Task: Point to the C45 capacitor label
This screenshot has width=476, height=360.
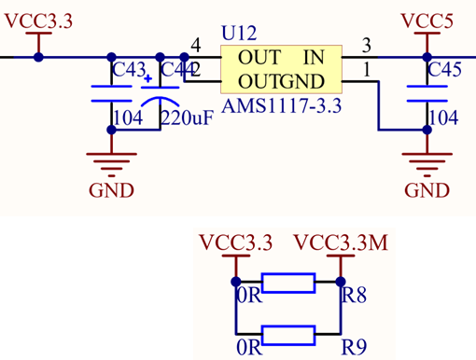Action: pos(443,71)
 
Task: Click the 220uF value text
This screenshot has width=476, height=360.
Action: pos(187,118)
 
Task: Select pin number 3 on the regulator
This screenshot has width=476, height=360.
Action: pos(367,46)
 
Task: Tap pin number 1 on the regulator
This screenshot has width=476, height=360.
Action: pos(366,69)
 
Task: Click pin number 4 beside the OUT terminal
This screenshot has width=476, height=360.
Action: pos(195,46)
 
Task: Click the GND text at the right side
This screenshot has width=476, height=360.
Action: pos(427,190)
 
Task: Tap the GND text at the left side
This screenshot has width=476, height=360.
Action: pos(111,190)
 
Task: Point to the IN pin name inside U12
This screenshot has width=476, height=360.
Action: pos(314,58)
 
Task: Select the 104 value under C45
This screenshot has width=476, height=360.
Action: pos(442,118)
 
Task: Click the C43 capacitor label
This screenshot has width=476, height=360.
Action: pos(128,71)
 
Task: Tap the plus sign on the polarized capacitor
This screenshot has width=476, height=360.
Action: pos(147,79)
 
